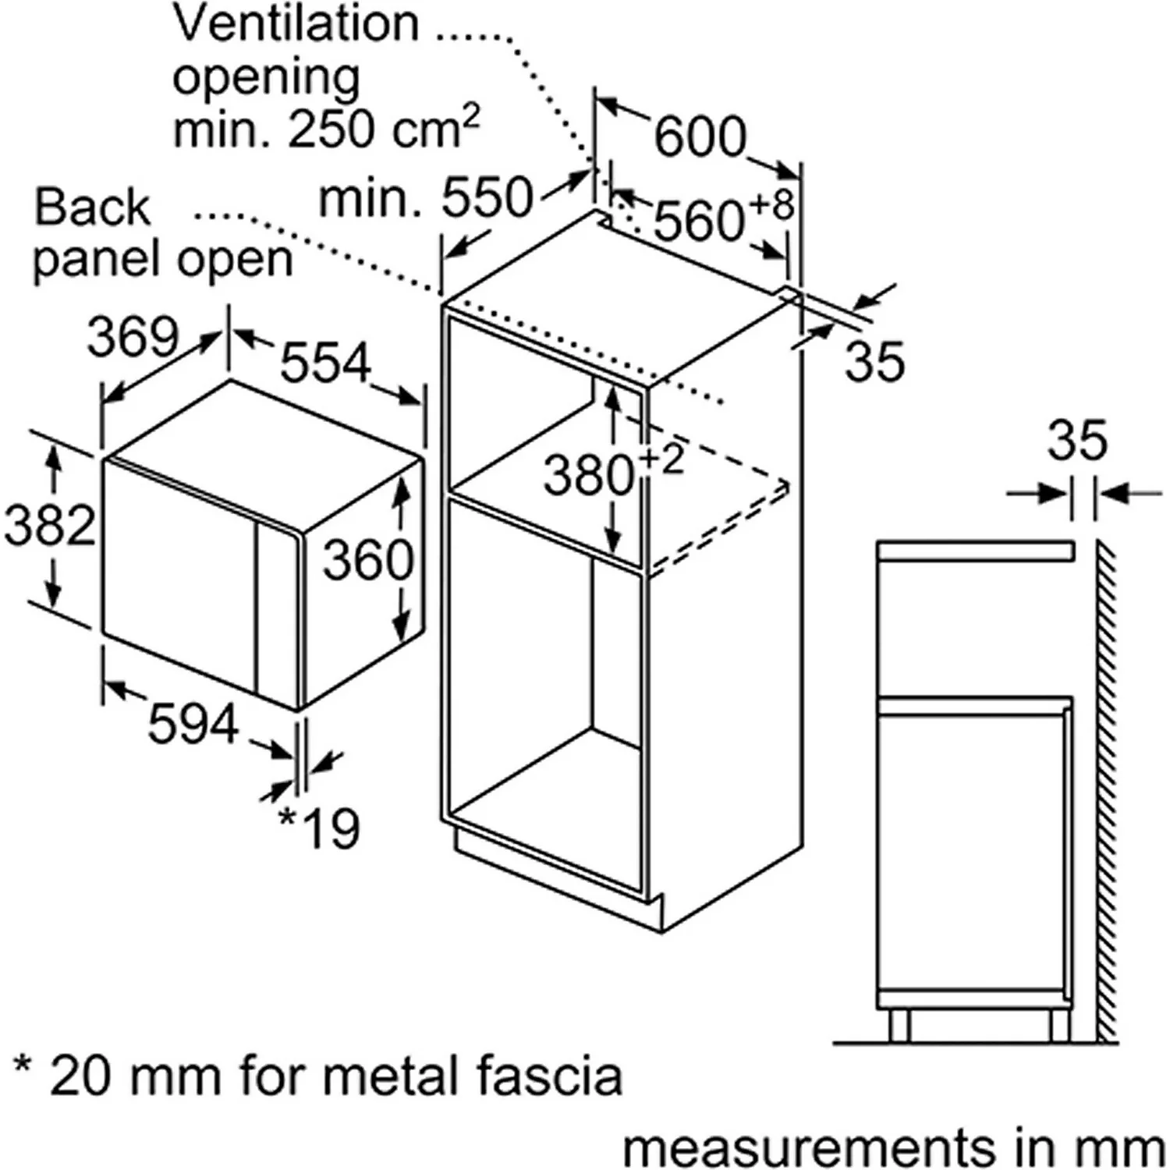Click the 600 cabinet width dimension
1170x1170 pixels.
tap(700, 137)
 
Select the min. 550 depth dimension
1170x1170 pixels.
tap(426, 198)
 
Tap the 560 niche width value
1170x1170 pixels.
tap(699, 221)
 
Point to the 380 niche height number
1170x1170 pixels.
tap(589, 475)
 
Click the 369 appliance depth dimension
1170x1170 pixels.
tap(133, 338)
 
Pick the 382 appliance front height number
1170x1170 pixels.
tap(49, 524)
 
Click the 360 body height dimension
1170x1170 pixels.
tap(367, 560)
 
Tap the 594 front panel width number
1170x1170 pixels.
tap(193, 724)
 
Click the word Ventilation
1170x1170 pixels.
tap(296, 23)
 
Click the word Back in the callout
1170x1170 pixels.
tap(91, 207)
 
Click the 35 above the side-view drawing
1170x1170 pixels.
tap(1076, 440)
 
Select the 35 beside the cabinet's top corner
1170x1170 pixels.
tap(874, 362)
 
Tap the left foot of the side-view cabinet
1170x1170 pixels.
tap(899, 1025)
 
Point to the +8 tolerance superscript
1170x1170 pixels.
tap(771, 204)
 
